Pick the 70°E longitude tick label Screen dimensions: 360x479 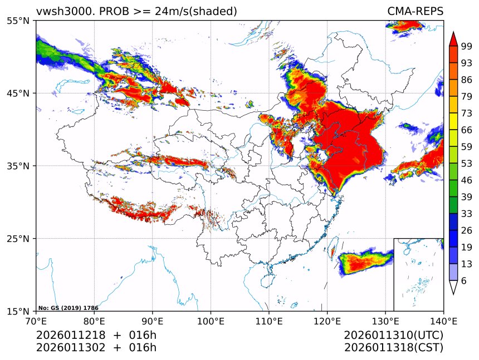(36, 321)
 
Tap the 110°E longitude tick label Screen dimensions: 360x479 (269, 321)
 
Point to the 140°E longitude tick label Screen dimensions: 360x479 (443, 321)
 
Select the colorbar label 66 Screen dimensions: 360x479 (467, 130)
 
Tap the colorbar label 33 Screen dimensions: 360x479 (467, 214)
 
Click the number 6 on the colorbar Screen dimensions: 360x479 (464, 281)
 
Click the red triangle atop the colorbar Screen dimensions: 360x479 (453, 39)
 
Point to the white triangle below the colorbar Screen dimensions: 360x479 (453, 287)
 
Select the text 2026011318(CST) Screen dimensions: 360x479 (393, 348)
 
